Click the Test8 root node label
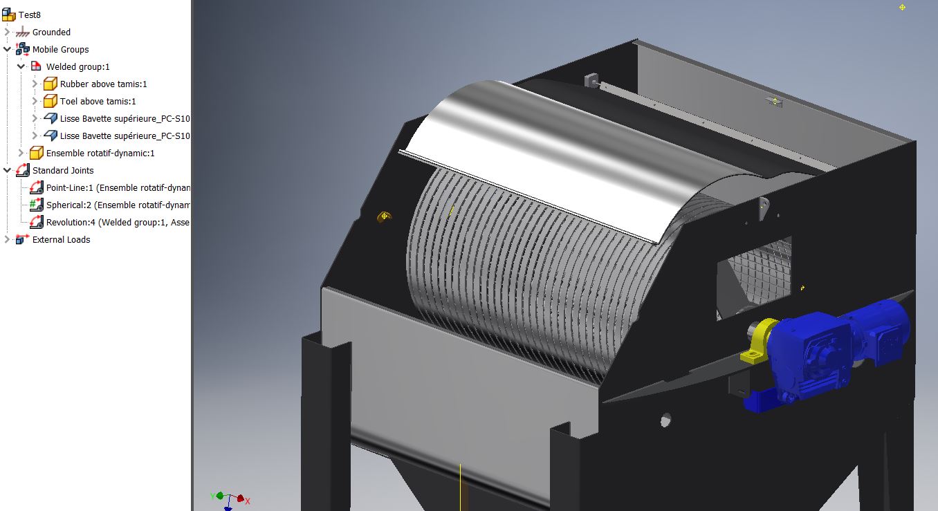click(x=30, y=15)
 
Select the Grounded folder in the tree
click(x=51, y=32)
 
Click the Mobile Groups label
click(x=60, y=49)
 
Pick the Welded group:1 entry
click(x=77, y=66)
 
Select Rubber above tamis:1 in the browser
click(x=103, y=84)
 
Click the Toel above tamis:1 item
click(x=98, y=101)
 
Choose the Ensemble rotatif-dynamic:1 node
click(x=100, y=153)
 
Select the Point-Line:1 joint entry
click(x=118, y=187)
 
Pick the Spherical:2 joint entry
click(x=118, y=205)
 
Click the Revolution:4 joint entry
click(x=118, y=222)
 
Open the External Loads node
click(x=61, y=239)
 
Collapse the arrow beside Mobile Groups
click(x=8, y=49)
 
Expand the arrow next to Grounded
click(x=8, y=32)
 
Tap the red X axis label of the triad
click(x=247, y=501)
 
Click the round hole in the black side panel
click(x=665, y=420)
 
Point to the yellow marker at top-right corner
click(x=902, y=7)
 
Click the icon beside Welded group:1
click(x=36, y=66)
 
